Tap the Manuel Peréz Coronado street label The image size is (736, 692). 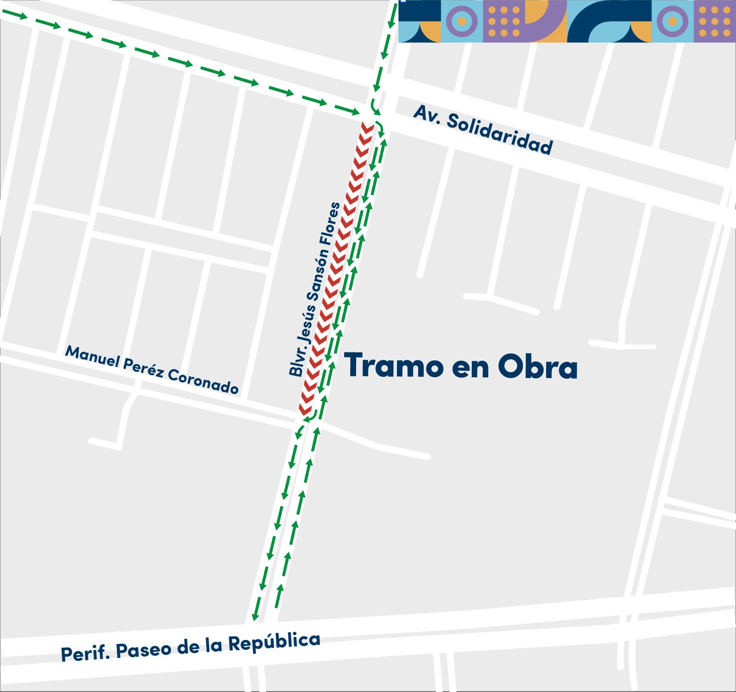(152, 370)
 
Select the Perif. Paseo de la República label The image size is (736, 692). (190, 648)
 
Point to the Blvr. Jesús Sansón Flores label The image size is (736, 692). (315, 289)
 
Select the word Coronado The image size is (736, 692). (203, 381)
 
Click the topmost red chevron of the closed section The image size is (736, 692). (367, 127)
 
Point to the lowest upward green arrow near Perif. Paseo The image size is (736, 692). (280, 590)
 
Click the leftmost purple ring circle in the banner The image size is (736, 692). (462, 21)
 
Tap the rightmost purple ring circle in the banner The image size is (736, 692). (673, 21)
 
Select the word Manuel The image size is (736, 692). (92, 357)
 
